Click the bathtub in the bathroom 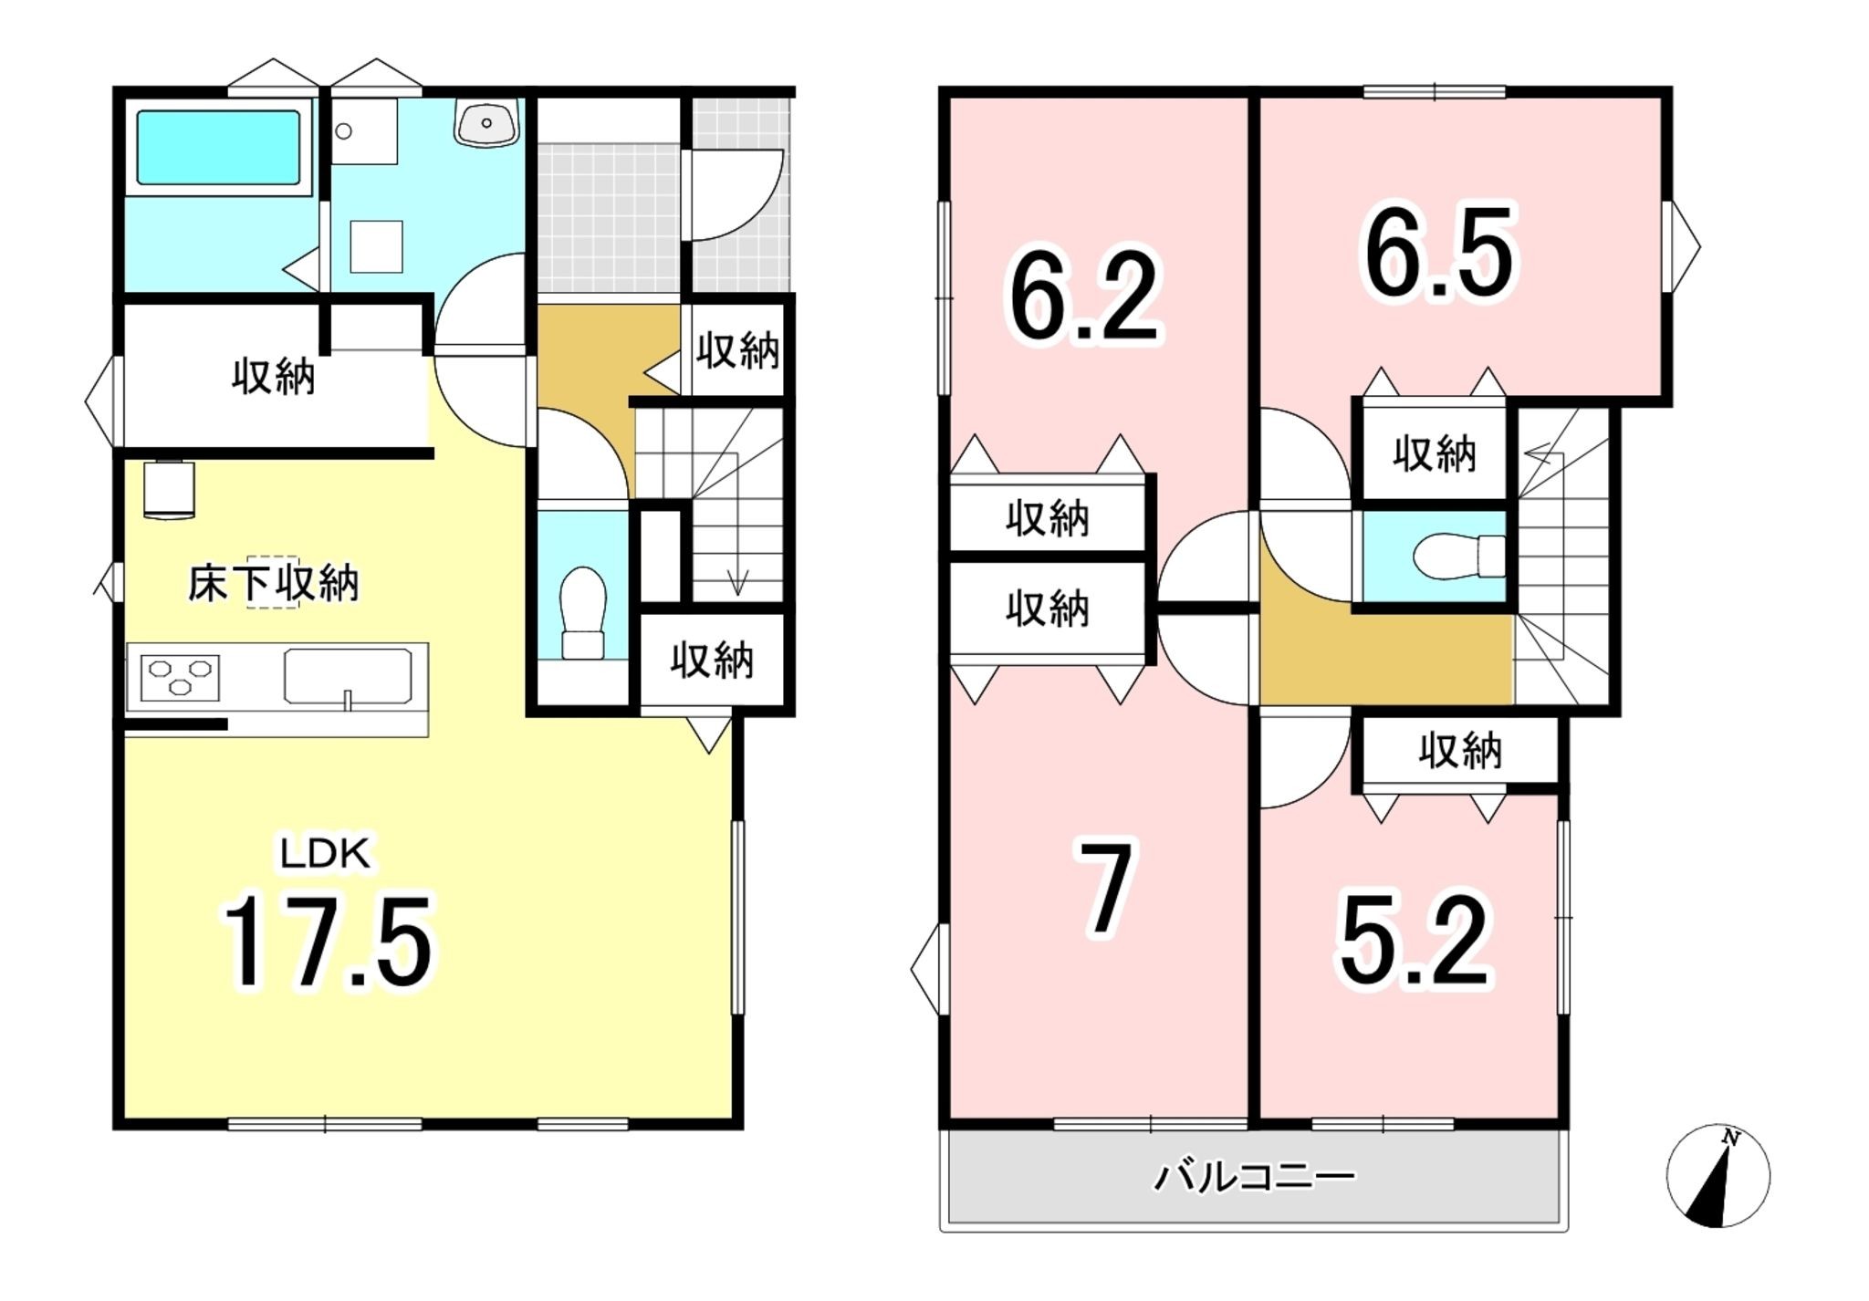tap(218, 147)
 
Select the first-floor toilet tap(582, 612)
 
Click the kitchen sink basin tap(347, 677)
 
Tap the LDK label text tap(325, 854)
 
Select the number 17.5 tap(328, 942)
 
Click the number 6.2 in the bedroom tap(1084, 297)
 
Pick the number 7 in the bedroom tap(1107, 888)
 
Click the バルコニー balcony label tap(1255, 1177)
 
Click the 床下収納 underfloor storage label tap(274, 583)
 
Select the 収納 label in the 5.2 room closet tap(1460, 750)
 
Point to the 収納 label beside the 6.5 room tap(1435, 453)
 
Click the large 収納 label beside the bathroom tap(274, 375)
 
